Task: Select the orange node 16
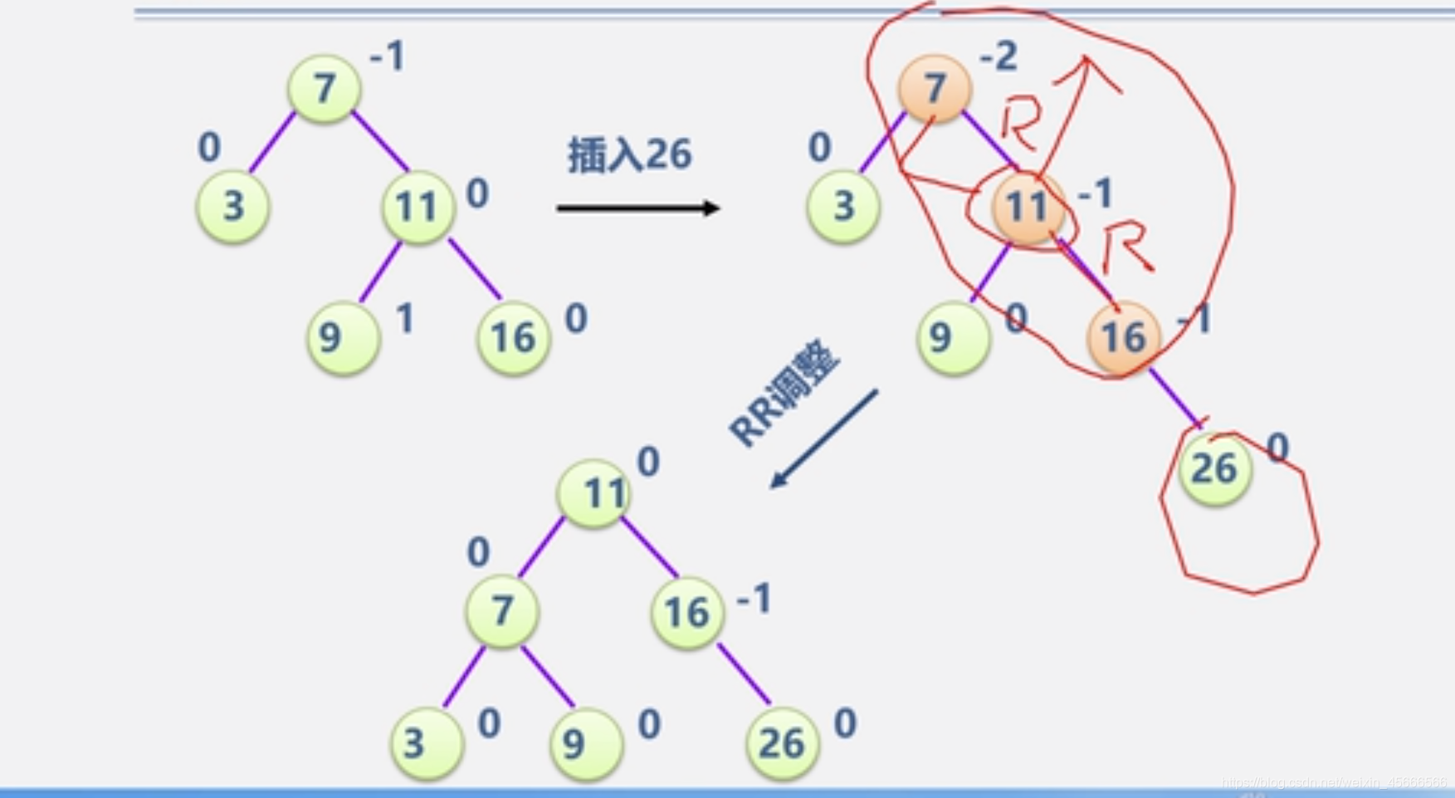1124,337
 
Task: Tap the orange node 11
1027,207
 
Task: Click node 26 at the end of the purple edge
1214,469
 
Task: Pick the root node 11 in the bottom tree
594,494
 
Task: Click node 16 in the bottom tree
687,613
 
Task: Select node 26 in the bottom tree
782,743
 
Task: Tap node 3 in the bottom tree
427,743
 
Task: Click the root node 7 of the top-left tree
324,88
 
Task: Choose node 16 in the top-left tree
514,337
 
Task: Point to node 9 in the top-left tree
343,337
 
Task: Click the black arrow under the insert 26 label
637,208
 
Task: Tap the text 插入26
629,154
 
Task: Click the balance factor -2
998,56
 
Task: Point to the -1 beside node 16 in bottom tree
754,599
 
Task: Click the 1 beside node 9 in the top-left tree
405,318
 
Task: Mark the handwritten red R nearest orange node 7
1019,125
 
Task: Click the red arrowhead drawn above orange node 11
1087,71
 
